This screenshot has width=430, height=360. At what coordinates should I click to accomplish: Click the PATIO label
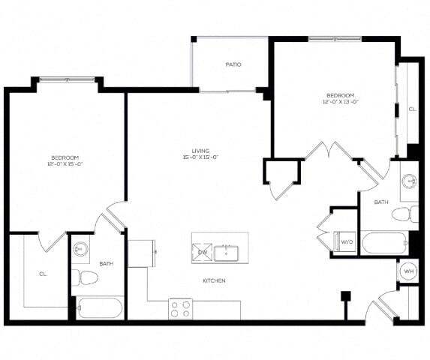pos(233,64)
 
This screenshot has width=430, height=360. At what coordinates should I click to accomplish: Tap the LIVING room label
pos(200,150)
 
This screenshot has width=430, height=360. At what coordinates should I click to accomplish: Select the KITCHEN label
pos(214,280)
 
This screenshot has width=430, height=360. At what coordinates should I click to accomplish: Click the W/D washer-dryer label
pos(347,242)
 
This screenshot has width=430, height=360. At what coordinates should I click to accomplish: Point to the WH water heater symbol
pos(409,271)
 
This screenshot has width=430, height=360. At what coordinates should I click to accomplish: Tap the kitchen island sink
pos(226,253)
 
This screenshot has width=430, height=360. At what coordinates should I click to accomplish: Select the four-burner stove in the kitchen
pos(181,307)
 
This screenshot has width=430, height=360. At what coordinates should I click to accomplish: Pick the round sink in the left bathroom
pos(82,248)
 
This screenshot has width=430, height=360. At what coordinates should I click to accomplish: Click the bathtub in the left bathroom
pos(99,308)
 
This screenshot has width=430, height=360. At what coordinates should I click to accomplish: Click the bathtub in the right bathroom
pos(384,243)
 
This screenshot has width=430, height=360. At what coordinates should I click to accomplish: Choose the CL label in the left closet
pos(43,274)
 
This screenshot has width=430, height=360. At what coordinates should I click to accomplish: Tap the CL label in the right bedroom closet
pos(411,109)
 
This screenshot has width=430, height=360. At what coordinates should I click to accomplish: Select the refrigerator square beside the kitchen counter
pos(140,253)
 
